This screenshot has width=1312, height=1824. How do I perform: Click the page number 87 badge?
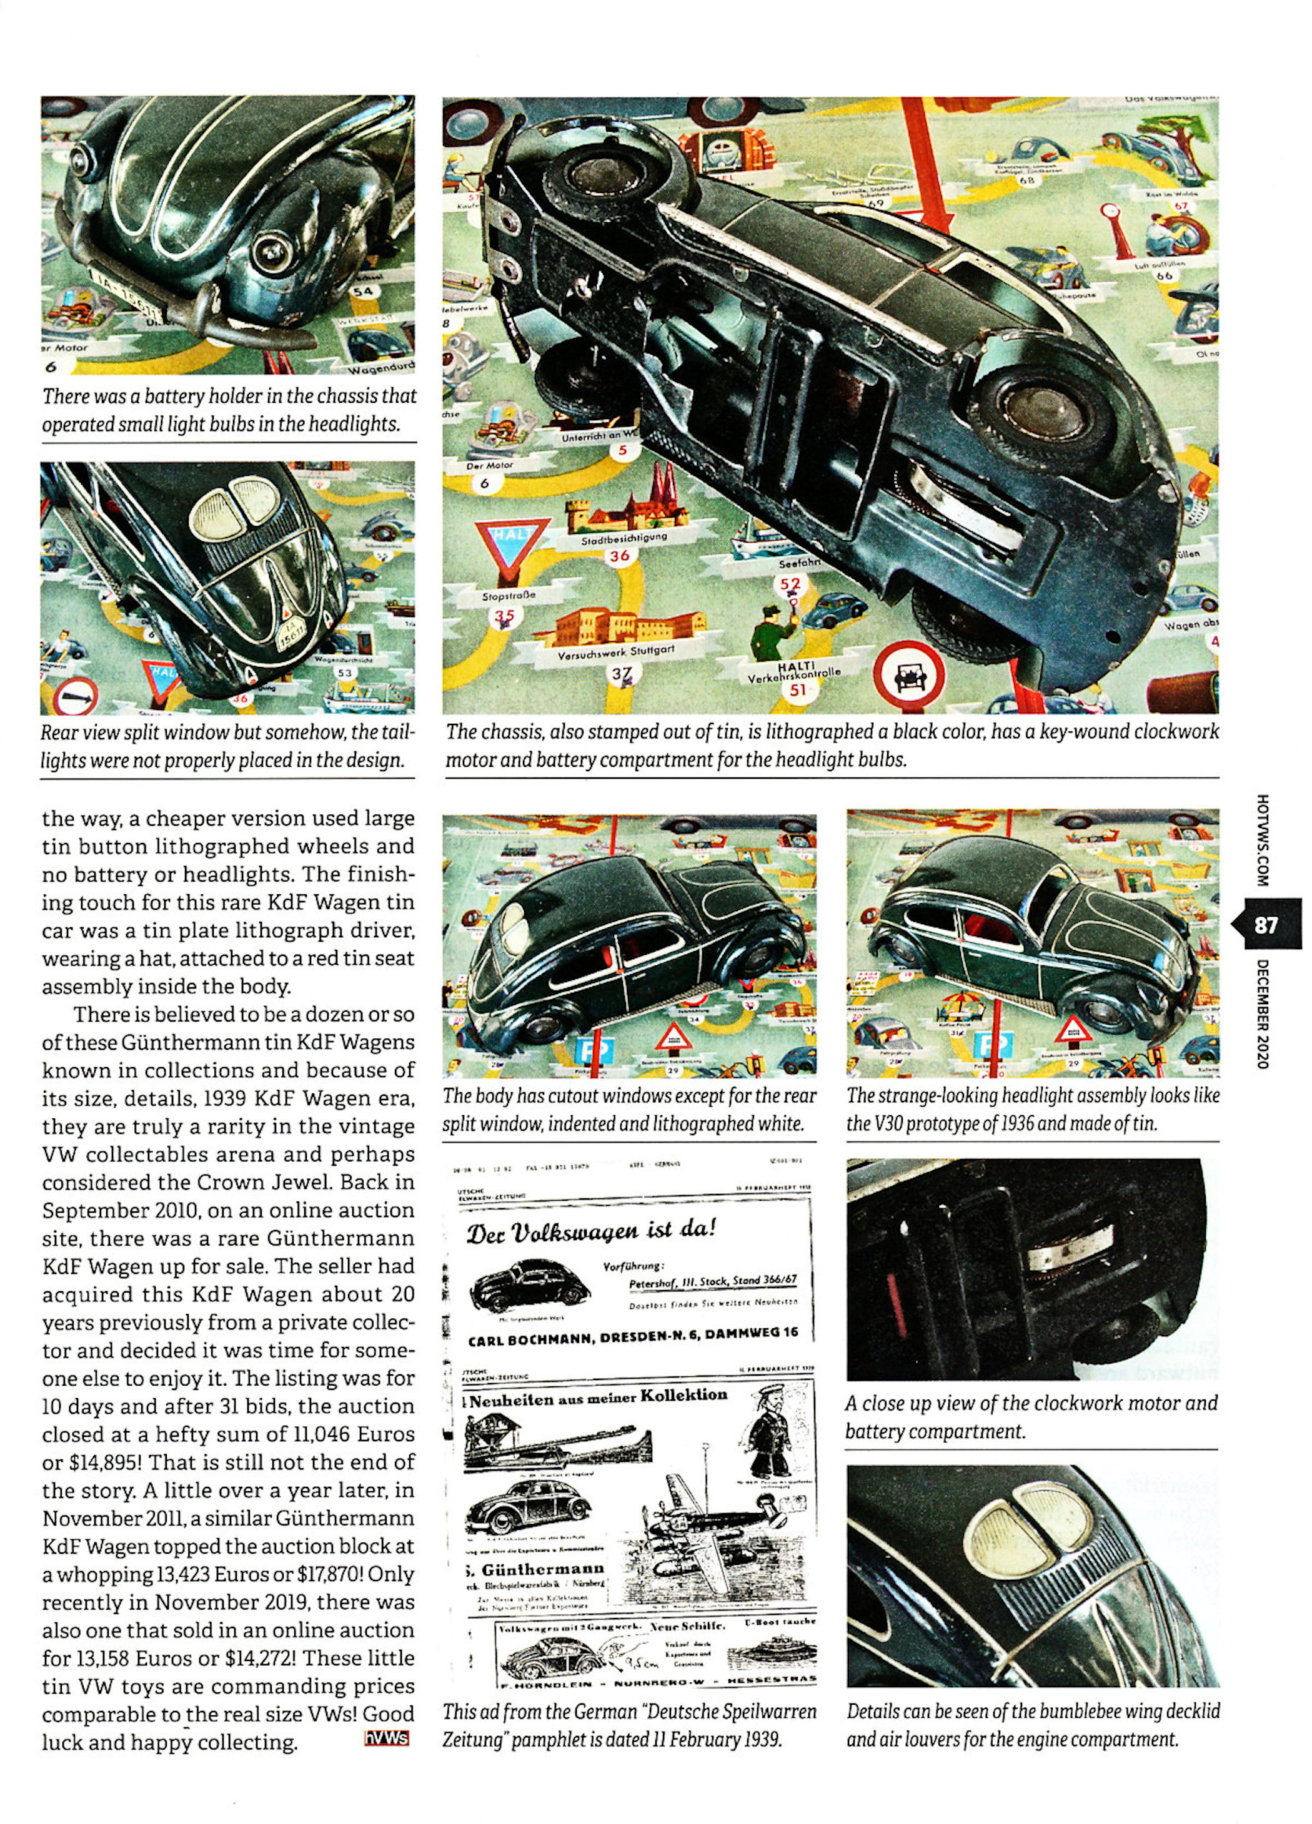1265,925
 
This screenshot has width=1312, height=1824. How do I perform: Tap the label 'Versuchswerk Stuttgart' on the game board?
615,653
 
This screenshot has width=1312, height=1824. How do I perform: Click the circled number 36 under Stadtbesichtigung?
619,556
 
